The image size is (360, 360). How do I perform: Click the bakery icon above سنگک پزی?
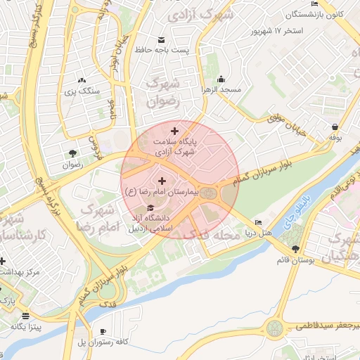82,80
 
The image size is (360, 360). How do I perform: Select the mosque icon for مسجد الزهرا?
221,79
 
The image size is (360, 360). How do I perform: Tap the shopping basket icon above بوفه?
335,127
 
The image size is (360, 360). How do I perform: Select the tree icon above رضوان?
72,154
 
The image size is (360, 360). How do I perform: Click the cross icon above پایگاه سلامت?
174,130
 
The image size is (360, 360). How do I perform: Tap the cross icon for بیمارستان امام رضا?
162,181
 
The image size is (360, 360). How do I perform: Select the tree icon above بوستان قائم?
295,249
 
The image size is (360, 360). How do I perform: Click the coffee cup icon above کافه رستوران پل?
104,331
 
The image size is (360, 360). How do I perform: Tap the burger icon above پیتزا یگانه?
26,316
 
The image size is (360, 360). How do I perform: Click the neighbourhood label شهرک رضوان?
163,92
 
